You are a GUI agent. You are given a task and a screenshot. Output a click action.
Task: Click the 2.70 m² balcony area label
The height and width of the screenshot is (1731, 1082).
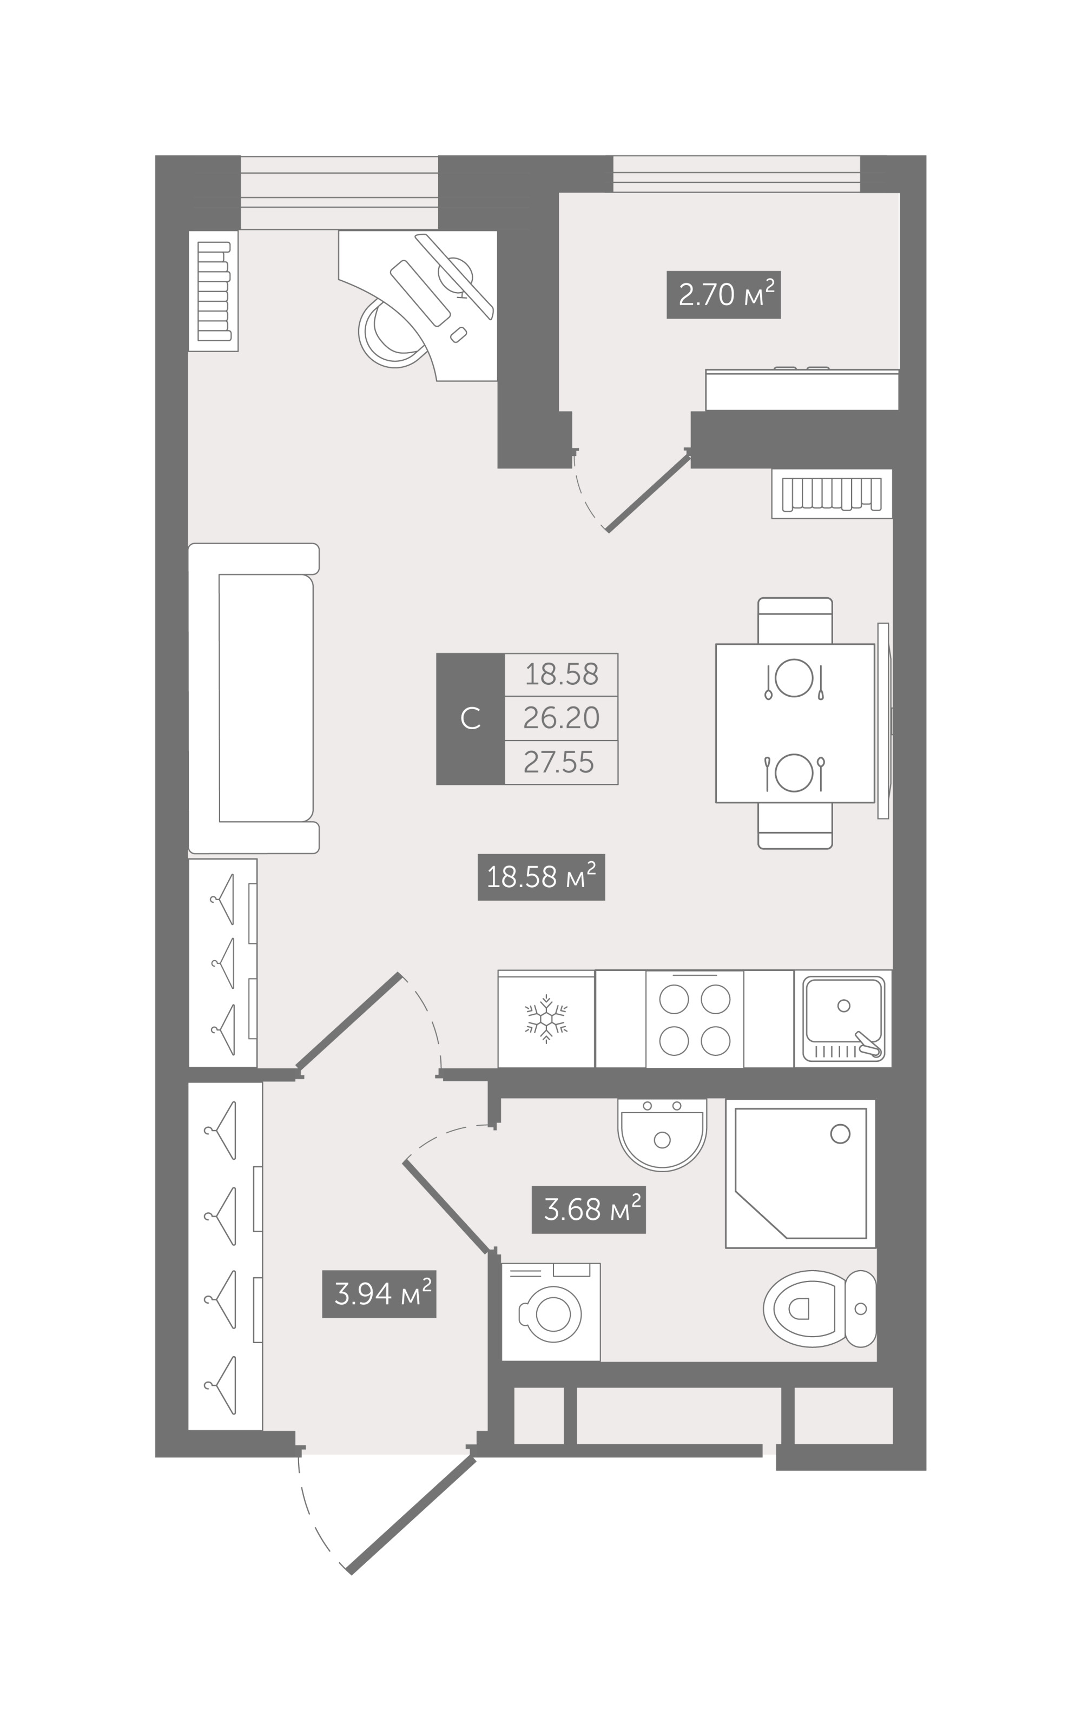(x=723, y=295)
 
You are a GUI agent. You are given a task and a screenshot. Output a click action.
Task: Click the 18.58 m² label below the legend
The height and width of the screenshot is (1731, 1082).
(x=541, y=877)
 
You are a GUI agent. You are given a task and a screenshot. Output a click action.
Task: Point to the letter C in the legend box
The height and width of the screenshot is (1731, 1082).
(x=470, y=719)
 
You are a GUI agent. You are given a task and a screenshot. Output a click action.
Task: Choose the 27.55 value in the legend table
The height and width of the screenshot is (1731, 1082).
(x=559, y=763)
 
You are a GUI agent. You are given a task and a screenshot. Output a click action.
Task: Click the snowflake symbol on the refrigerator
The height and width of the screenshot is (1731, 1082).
(x=546, y=1019)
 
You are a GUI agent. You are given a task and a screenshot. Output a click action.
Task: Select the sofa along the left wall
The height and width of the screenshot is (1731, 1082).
(x=254, y=698)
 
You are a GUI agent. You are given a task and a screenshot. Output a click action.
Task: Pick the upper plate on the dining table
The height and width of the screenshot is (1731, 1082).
(x=794, y=677)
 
